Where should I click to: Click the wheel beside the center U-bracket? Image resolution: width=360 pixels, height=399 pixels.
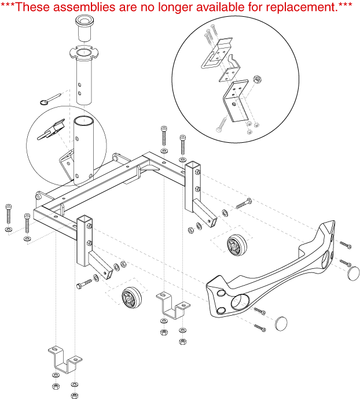131,298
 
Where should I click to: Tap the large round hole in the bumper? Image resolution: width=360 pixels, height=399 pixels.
238,302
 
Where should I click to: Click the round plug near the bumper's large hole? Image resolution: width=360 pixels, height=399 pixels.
282,322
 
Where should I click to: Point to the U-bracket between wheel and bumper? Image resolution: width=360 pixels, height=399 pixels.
171,306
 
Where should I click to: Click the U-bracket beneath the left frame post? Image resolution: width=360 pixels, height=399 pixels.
64,360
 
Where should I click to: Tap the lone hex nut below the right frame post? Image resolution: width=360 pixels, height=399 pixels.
191,231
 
